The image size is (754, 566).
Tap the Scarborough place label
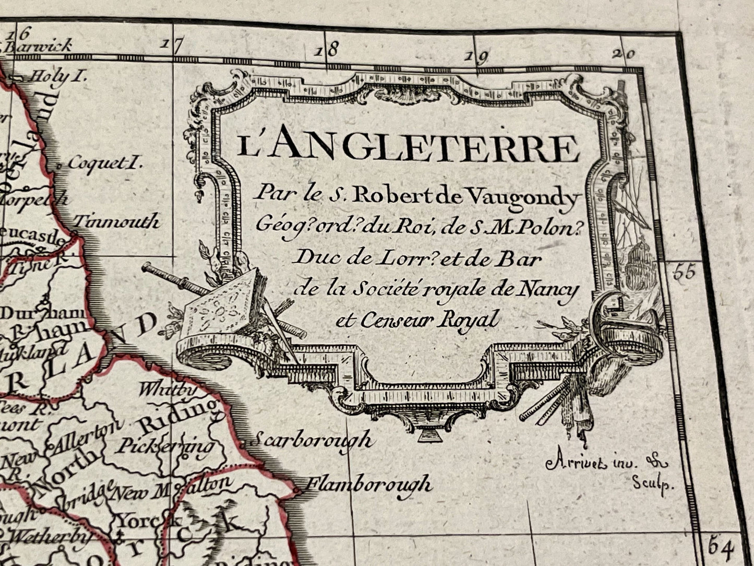[x=312, y=440]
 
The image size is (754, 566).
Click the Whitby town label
[x=168, y=390]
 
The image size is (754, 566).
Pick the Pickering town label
[x=165, y=445]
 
